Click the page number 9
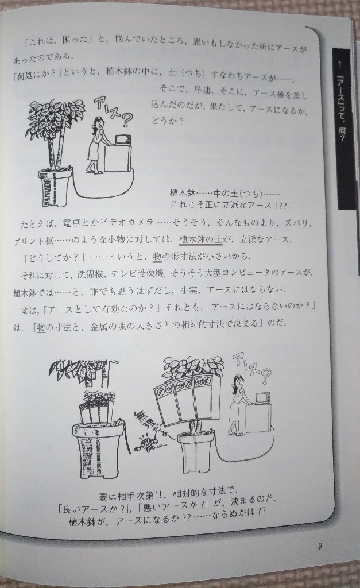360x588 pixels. point(319,546)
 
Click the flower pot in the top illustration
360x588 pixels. point(55,187)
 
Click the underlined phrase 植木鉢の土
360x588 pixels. point(201,239)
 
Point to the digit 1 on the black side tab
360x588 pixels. point(340,64)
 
